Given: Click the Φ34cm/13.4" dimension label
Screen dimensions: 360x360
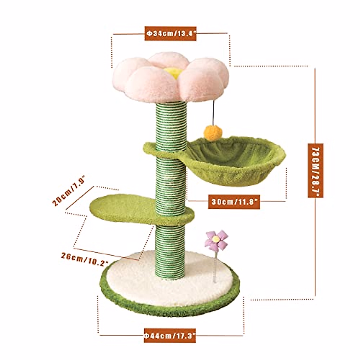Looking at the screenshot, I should click(x=171, y=33).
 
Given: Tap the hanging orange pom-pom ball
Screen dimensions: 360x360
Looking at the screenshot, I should click(x=210, y=133).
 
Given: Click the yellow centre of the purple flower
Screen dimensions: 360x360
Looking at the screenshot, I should click(x=215, y=239).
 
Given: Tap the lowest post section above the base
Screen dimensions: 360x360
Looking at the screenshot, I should click(x=170, y=252).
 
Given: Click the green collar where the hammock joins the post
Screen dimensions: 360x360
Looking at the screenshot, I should click(x=156, y=150).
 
